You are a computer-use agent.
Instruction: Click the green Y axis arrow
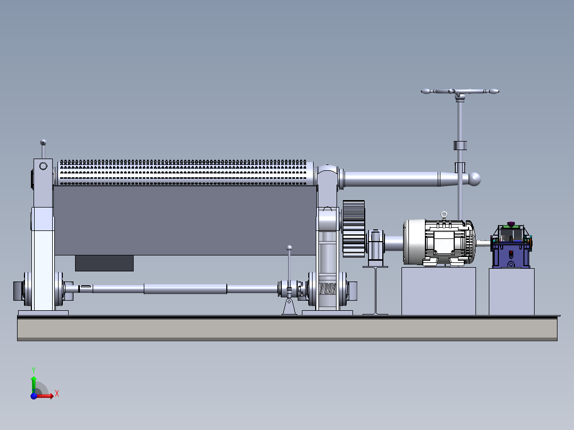(x=34, y=384)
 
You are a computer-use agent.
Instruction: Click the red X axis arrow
(x=45, y=395)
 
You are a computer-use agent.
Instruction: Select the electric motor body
(x=439, y=242)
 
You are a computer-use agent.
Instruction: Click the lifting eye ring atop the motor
(x=444, y=214)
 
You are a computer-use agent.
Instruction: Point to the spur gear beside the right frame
(x=354, y=229)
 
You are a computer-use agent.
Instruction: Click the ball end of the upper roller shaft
(x=475, y=179)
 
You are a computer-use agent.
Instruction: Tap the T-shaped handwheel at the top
(x=460, y=92)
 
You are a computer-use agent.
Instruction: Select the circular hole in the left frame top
(x=43, y=166)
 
